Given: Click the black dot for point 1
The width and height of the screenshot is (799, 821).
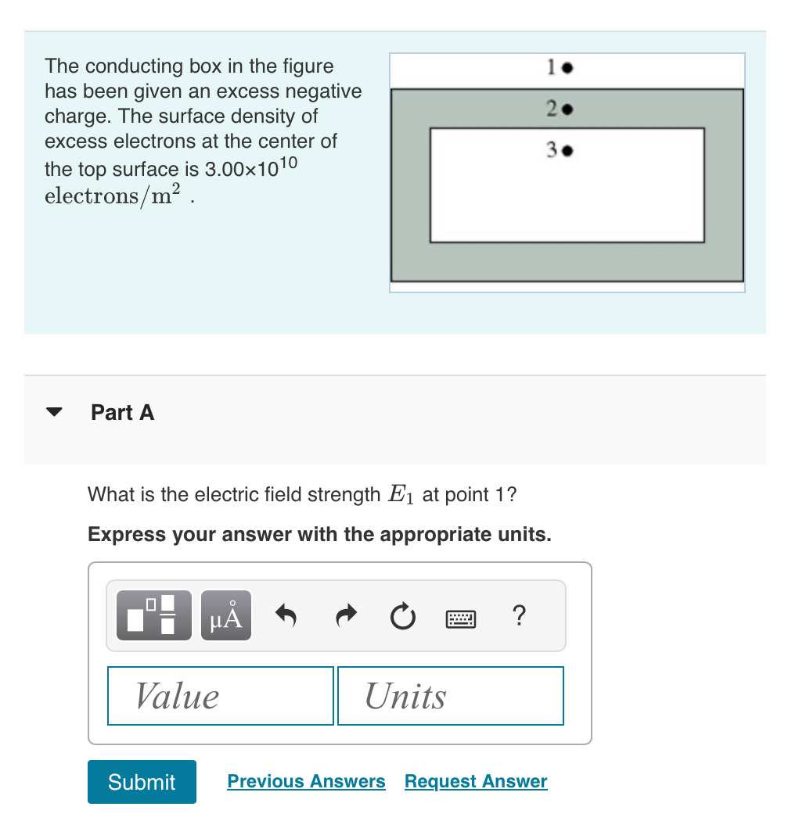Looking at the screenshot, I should coord(569,69).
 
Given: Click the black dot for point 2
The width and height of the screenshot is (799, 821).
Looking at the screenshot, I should coord(569,109).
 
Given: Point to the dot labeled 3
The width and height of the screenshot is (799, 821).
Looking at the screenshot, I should coord(569,151).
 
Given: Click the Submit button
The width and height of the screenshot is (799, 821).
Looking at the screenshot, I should coord(142,781).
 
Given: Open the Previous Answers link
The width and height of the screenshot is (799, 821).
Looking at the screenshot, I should coord(306,781).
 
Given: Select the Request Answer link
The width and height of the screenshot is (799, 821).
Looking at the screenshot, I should coord(476,781).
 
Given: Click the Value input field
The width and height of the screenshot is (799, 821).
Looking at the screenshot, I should coord(221,696).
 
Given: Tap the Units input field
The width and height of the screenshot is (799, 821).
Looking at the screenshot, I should coord(450,696).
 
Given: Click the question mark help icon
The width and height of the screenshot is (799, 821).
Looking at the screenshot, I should coord(517,616).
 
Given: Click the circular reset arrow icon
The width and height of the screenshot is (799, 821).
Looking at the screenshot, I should coord(402,618).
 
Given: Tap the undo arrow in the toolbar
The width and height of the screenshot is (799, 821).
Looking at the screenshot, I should coord(286,618).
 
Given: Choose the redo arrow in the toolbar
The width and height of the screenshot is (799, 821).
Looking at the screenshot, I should coord(344,618).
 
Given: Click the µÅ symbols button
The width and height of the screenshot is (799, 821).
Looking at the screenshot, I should coord(226,616).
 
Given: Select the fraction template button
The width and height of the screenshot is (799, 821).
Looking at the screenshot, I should coord(154,616).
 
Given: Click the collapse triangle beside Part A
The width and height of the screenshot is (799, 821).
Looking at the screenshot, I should coord(54,413).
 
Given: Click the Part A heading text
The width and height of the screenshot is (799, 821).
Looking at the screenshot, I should coord(123,413).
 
